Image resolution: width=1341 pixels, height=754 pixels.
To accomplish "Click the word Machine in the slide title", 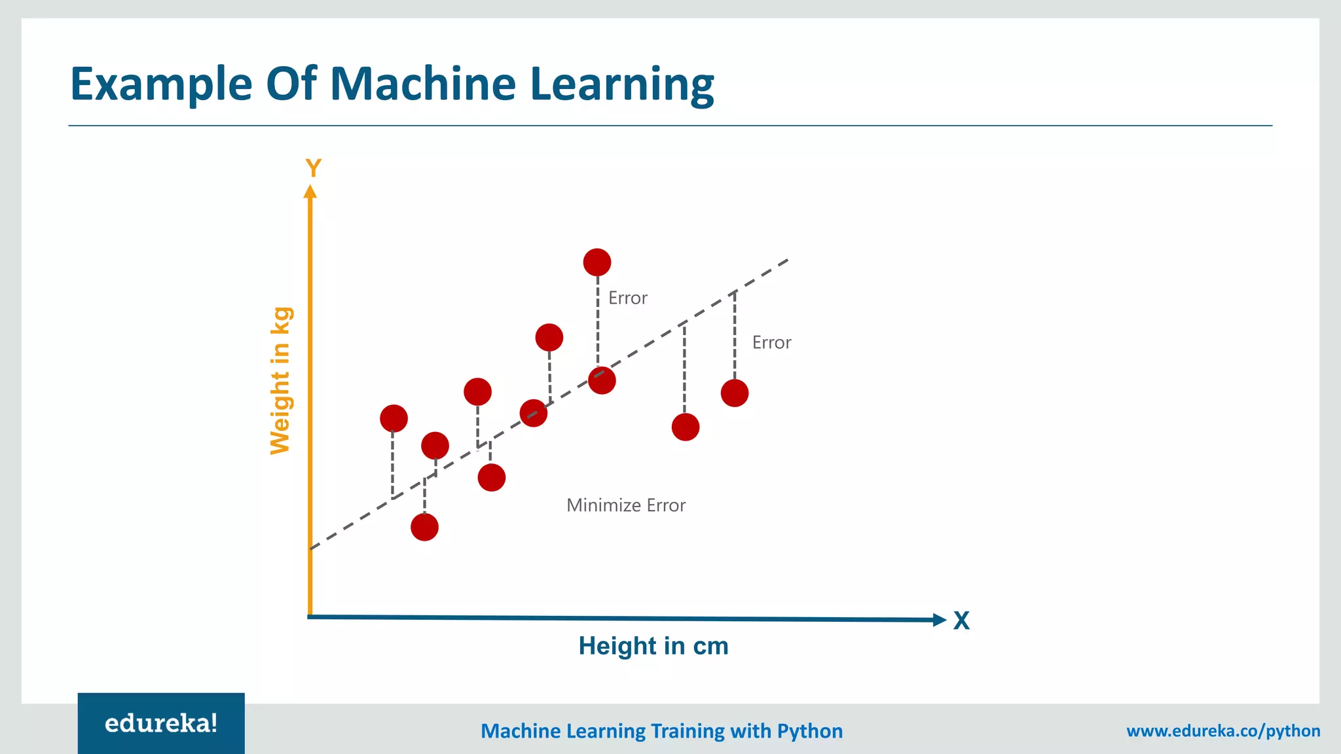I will coord(423,84).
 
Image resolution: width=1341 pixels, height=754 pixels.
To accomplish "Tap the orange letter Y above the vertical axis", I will coord(313,168).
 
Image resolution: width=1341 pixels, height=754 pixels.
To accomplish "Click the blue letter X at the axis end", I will coord(961,620).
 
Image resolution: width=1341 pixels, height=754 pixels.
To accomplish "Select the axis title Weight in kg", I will coord(280,380).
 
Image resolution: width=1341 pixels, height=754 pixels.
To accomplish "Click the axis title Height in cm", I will coord(653,646).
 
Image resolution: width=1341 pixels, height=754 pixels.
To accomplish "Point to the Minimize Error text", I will coord(626,505).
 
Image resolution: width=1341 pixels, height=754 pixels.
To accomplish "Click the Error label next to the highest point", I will coord(627,298).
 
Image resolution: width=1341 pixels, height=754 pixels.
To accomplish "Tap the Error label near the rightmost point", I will coord(771,343).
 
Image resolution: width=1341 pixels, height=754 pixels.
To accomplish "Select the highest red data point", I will coord(597,262).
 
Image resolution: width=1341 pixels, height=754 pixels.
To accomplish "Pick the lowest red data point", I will coord(424,527).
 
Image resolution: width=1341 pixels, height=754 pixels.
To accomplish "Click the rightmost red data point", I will coord(735,393).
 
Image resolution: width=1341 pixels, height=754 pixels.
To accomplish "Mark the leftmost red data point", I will coord(394,418).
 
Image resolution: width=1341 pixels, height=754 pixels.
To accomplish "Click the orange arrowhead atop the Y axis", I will coord(310,191).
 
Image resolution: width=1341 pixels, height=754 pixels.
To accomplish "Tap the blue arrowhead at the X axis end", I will coord(940,620).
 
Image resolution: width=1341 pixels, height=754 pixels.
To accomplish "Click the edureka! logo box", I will coord(161,723).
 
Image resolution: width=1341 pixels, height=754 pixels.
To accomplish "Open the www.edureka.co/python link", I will coord(1223,731).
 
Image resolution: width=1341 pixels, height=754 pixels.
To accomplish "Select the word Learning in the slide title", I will coord(621,84).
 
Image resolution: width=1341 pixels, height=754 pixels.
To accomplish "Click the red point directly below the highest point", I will coord(602,380).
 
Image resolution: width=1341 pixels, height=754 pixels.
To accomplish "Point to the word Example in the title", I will coord(161,84).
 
